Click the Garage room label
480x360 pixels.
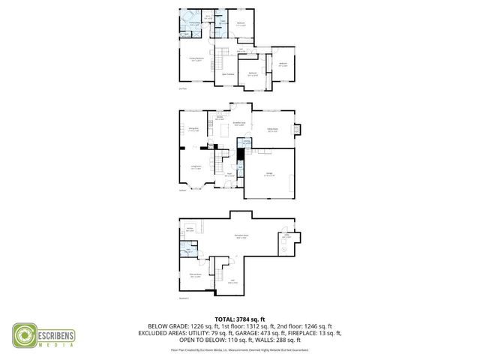click(x=268, y=175)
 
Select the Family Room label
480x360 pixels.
click(x=272, y=129)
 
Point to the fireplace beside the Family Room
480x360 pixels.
click(x=298, y=130)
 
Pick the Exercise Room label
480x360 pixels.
click(x=195, y=276)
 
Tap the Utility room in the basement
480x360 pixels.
click(x=286, y=237)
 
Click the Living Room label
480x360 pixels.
click(x=196, y=169)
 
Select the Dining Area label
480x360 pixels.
click(x=193, y=129)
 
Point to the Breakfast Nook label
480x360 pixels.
click(x=239, y=124)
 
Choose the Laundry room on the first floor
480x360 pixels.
click(x=244, y=141)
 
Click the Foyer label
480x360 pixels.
click(x=228, y=174)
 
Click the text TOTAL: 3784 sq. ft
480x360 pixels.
click(x=239, y=319)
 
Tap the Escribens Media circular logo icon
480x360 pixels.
click(x=24, y=335)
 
